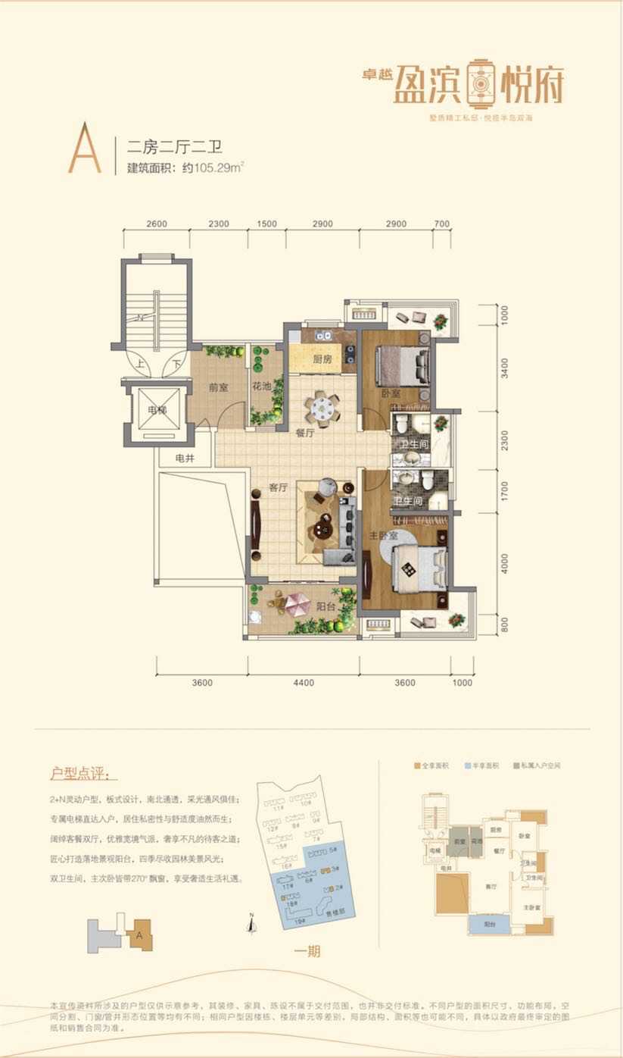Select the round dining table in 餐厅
coord(323,409)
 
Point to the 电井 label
coord(185,458)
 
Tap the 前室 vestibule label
coord(218,387)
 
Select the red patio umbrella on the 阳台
coord(297,603)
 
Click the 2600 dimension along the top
coord(156,224)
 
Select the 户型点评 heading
coord(83,775)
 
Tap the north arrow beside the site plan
coord(251,922)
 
